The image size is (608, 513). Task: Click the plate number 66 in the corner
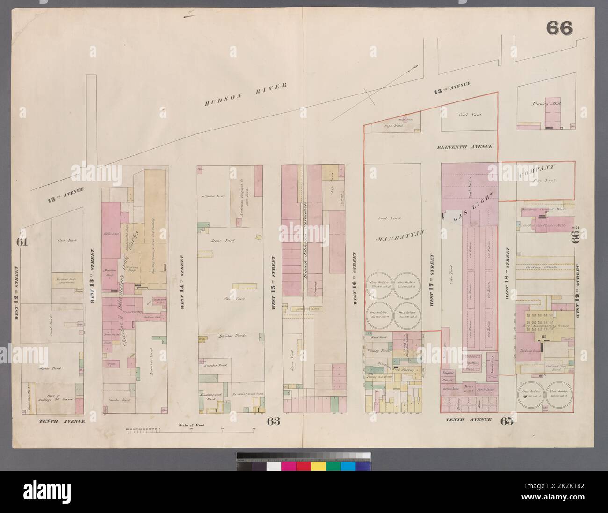tap(559, 29)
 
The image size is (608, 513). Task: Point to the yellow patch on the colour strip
tap(318, 466)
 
